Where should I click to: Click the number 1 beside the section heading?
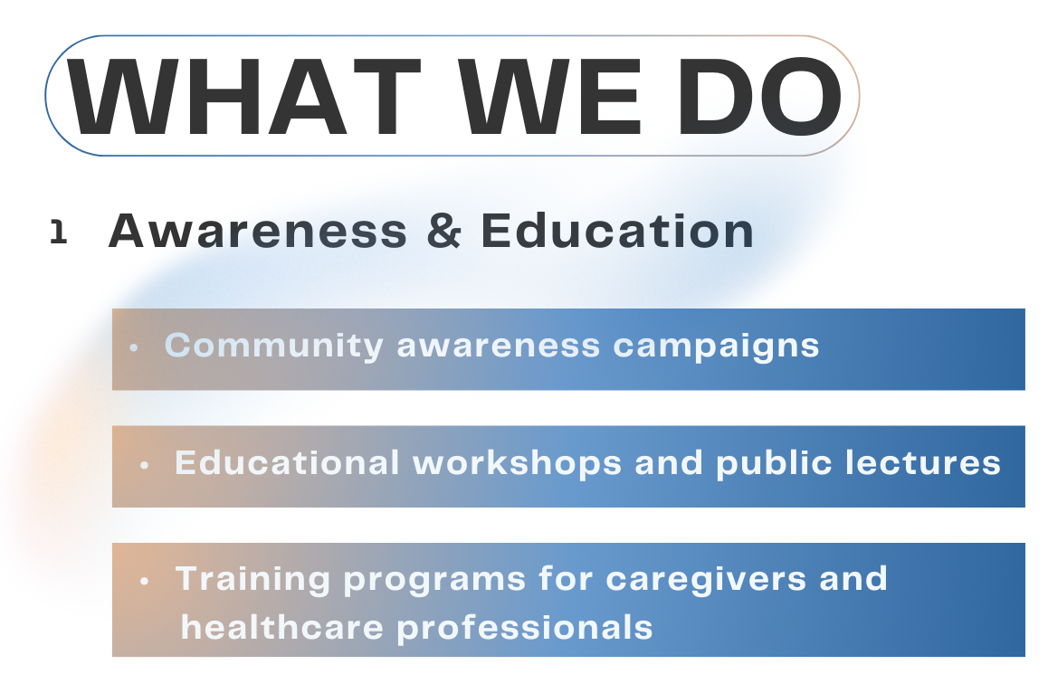pos(59,233)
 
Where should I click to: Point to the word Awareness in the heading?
pos(258,232)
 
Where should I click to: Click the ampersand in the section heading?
pos(444,232)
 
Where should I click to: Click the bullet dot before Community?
pos(134,347)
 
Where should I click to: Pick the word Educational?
pos(287,463)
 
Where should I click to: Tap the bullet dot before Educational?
pos(145,465)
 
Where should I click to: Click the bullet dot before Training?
pos(145,581)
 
